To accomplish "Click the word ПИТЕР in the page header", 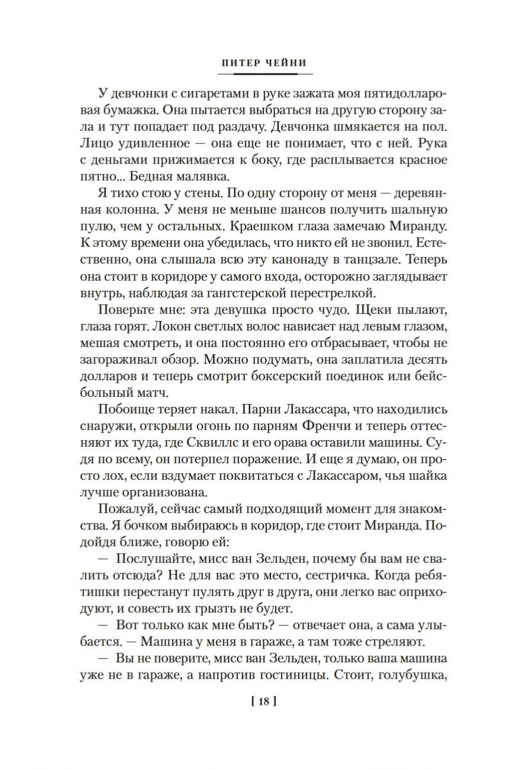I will pyautogui.click(x=240, y=62).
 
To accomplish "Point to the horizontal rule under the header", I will pyautogui.click(x=265, y=74).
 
